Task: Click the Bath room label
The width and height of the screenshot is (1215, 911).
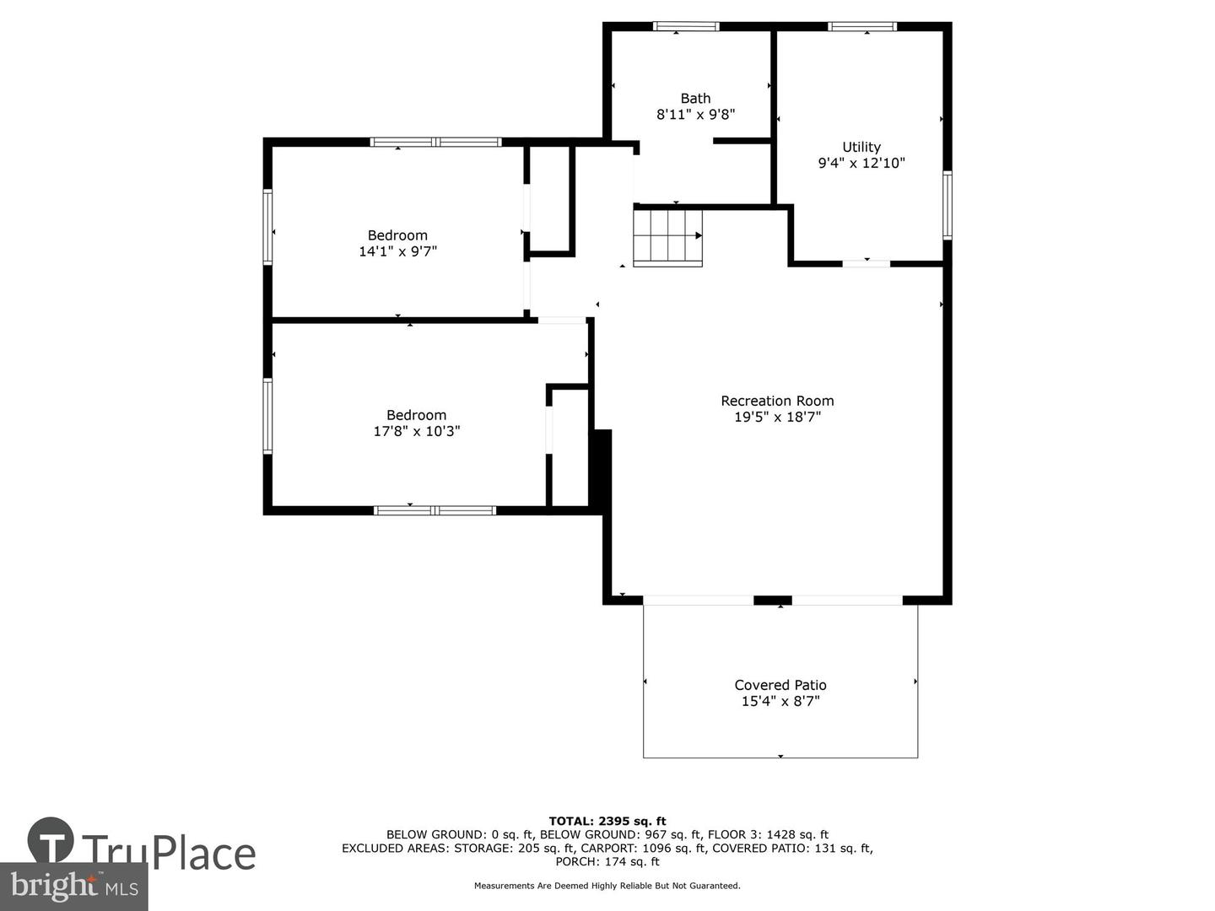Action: (x=695, y=99)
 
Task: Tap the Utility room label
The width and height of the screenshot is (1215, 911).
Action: (x=861, y=147)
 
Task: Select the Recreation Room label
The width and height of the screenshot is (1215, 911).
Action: (x=777, y=401)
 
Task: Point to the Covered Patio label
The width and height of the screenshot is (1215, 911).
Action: (x=780, y=685)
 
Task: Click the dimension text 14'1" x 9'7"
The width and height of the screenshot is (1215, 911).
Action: (x=398, y=251)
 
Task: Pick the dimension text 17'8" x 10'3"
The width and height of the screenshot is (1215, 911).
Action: (x=417, y=431)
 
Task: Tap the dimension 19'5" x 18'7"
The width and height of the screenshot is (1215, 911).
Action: (x=777, y=417)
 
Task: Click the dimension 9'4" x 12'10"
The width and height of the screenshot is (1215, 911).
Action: (x=861, y=163)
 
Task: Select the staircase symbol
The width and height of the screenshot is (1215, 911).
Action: (x=667, y=238)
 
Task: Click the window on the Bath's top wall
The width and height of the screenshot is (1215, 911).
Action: (x=686, y=26)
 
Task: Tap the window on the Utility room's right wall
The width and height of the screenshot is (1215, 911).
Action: (x=947, y=205)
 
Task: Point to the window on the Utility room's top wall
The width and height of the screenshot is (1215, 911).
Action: (x=861, y=26)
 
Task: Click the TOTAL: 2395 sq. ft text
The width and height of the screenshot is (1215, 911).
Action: (x=607, y=822)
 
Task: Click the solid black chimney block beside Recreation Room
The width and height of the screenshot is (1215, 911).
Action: (x=602, y=470)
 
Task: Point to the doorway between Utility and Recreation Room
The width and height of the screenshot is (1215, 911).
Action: (x=867, y=264)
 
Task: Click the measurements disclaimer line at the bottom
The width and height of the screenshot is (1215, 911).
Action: (x=607, y=886)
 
